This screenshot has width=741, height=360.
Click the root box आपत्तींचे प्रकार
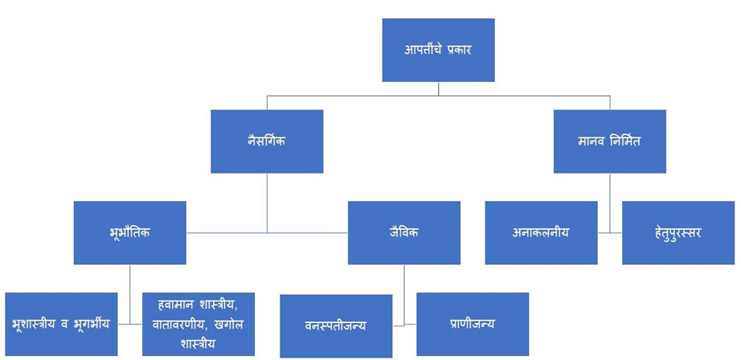tap(438, 50)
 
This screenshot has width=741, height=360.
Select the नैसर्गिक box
tap(267, 141)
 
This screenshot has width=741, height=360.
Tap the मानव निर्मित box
tap(610, 141)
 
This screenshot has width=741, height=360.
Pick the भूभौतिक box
tap(130, 233)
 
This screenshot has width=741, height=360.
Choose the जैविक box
tap(404, 233)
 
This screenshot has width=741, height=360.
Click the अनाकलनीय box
tap(541, 233)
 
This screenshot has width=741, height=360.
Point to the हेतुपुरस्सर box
tap(678, 233)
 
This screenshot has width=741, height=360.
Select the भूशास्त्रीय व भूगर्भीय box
tap(61, 324)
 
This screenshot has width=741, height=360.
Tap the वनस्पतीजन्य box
tap(336, 326)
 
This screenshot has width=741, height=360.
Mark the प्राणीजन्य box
tap(473, 325)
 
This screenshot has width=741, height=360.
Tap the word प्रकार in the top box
tap(457, 50)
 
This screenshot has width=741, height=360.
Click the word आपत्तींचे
tap(420, 50)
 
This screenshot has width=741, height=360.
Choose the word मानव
tap(590, 141)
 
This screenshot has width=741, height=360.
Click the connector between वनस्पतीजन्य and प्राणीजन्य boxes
tap(404, 325)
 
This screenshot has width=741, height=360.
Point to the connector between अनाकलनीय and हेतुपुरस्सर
tap(610, 233)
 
